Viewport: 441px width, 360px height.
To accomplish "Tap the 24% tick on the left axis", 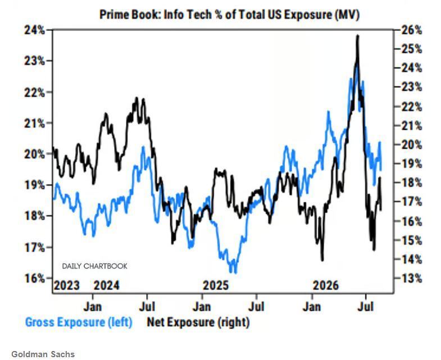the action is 35,30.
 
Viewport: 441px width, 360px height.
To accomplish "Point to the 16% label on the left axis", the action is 35,279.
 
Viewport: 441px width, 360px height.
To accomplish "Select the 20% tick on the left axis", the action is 35,154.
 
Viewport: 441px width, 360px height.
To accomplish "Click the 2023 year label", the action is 67,286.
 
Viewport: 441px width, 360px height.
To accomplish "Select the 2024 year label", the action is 107,286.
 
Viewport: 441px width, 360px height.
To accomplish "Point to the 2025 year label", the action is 216,286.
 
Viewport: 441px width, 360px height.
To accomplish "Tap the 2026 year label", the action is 326,286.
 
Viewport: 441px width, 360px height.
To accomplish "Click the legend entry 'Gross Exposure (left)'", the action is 79,322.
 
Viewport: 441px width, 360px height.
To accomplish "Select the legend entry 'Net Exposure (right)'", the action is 198,322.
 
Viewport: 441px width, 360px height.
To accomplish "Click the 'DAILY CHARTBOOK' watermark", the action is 95,266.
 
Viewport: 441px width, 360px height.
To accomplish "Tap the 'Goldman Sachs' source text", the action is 43,354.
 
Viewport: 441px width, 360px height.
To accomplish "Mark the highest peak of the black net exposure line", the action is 357,35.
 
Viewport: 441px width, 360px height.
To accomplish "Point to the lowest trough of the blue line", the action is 235,273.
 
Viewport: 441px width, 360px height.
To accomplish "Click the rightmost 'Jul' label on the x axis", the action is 366,307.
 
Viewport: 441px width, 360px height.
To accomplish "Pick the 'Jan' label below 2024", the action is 93,307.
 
